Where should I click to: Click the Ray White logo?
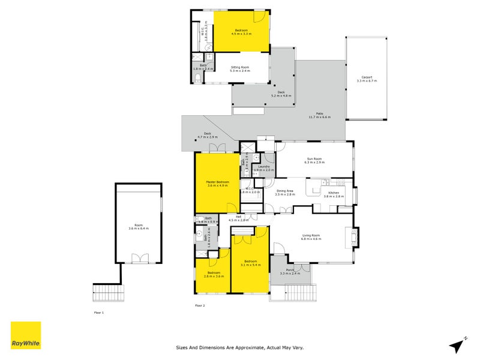tap(26, 335)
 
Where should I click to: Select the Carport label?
tap(366, 77)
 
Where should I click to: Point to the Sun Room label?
tap(314, 159)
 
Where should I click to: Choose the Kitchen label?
tap(333, 193)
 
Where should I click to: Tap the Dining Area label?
tap(285, 191)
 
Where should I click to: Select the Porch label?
tap(290, 270)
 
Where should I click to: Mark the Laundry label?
tap(264, 167)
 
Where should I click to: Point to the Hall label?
tap(238, 217)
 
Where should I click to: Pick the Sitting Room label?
tap(239, 67)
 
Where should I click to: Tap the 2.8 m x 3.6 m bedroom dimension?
tap(214, 277)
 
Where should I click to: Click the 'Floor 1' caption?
tap(99, 313)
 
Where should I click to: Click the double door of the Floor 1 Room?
tap(140, 259)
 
